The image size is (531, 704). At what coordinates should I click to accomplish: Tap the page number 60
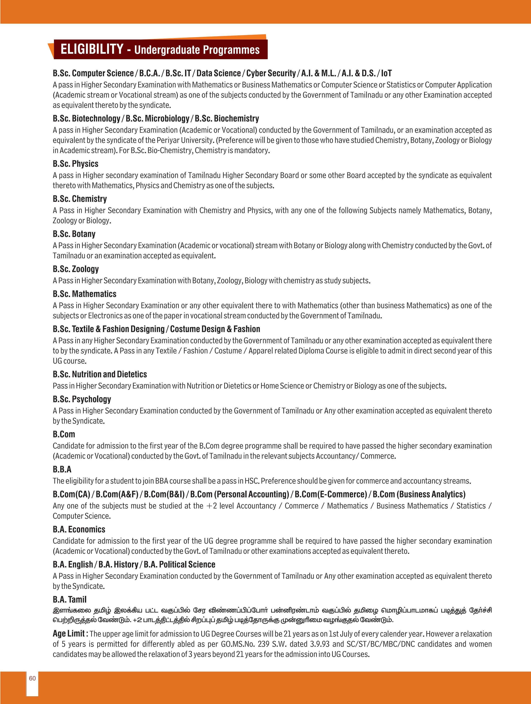tap(32, 678)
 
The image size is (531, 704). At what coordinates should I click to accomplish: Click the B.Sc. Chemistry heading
tap(79, 199)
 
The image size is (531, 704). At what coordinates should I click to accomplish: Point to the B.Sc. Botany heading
tap(74, 234)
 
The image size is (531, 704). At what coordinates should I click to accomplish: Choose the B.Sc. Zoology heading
tap(76, 269)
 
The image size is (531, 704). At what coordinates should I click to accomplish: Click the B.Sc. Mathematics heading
tap(84, 294)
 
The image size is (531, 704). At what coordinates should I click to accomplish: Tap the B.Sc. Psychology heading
tap(82, 399)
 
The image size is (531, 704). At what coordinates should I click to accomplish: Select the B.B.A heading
tap(62, 469)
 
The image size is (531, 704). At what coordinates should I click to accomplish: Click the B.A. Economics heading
tap(79, 529)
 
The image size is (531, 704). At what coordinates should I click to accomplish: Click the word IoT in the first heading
tap(386, 73)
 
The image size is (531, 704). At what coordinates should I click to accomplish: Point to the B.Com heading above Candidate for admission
tap(64, 434)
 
